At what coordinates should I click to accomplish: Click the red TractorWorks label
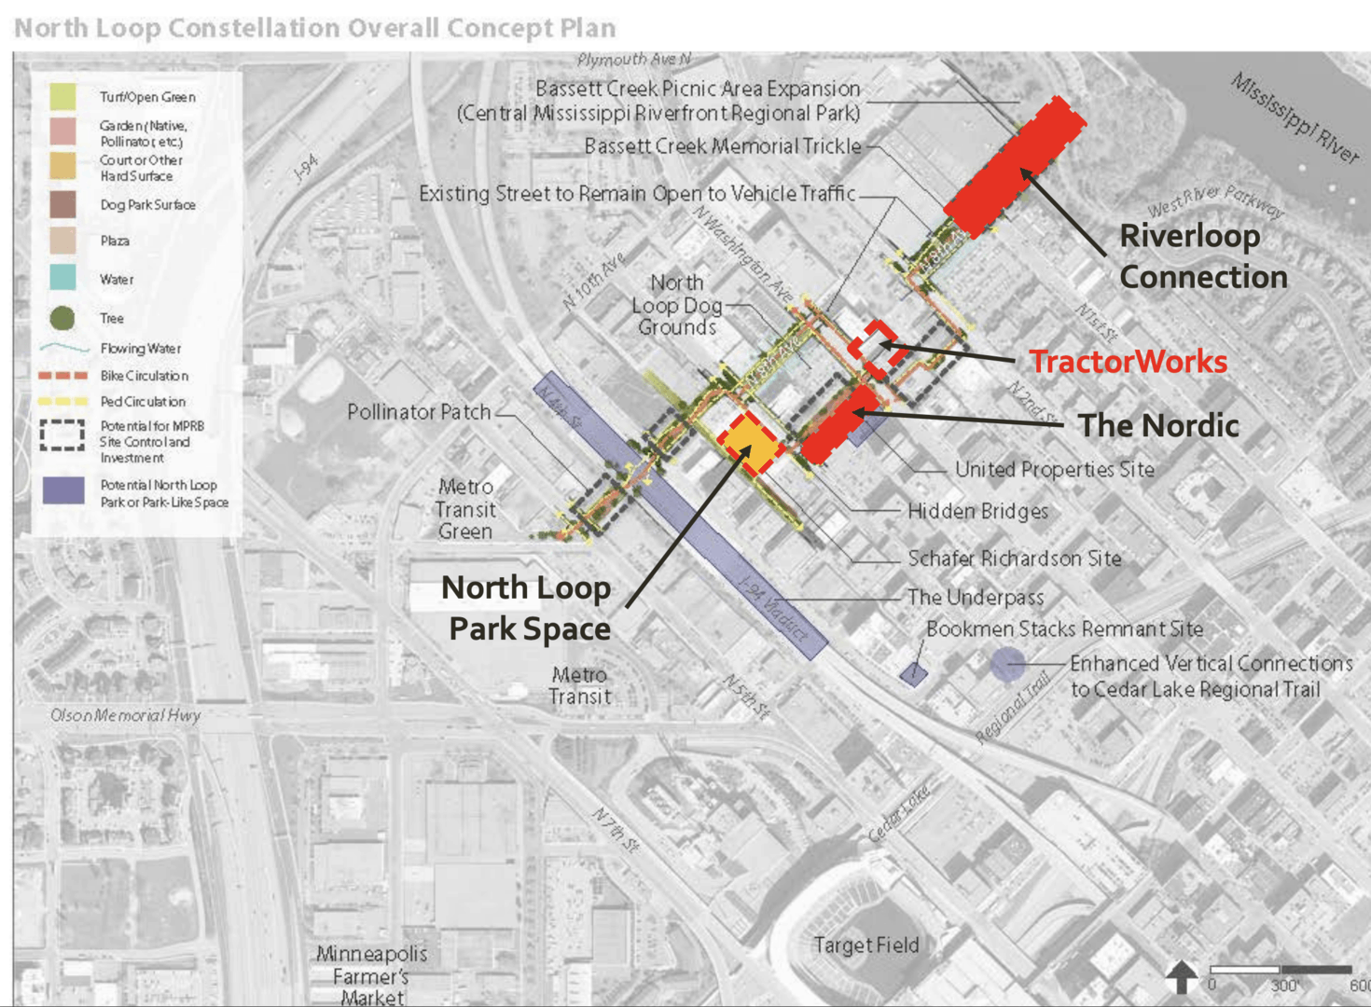1128,362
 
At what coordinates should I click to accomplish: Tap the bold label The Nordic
1158,426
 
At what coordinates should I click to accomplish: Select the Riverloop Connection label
1202,256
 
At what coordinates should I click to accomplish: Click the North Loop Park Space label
527,608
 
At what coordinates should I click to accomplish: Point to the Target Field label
866,945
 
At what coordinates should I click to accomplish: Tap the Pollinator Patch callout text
418,412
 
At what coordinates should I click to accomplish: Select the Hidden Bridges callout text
977,511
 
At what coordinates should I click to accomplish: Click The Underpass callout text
975,597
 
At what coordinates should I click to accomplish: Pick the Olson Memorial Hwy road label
125,715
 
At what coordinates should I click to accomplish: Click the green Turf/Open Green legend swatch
63,96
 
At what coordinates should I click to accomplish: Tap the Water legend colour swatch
63,278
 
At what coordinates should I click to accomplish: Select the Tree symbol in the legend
62,318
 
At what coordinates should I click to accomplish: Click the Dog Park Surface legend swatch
63,204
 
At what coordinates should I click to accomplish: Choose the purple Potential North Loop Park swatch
63,490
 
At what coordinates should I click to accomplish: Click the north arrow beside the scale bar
1181,976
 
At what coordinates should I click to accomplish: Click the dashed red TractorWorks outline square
873,349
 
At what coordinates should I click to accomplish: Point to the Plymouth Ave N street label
634,60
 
